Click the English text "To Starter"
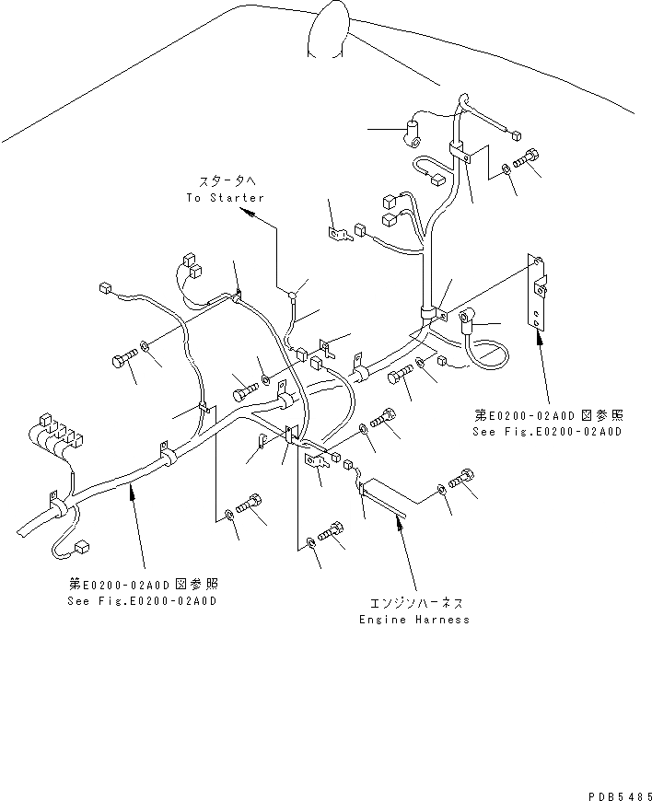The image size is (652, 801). [225, 198]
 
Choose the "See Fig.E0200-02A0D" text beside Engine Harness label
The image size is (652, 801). [143, 601]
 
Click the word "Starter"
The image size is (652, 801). [238, 198]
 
